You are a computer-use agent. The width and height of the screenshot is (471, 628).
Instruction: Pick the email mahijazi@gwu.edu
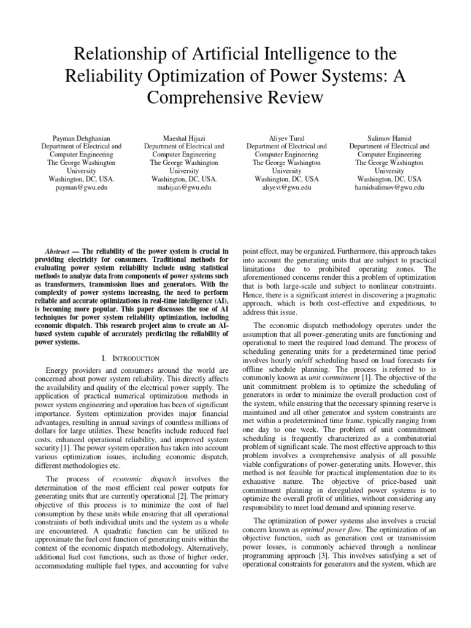(184, 188)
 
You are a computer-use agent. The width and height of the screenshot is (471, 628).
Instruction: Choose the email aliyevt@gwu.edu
(286, 188)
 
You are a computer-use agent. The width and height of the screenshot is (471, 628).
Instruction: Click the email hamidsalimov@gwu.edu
(389, 188)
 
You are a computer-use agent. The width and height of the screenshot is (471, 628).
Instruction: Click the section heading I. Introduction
(131, 358)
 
